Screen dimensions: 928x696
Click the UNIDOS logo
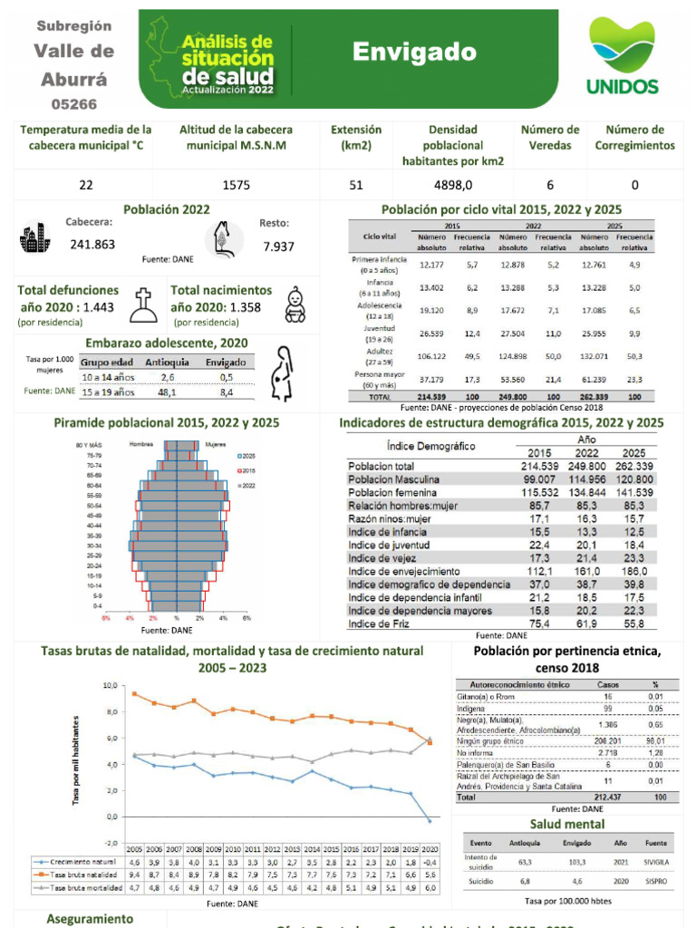coord(622,56)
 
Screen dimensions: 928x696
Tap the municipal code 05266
coord(75,104)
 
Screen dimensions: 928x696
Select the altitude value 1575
coord(236,185)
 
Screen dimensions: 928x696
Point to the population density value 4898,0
coord(452,185)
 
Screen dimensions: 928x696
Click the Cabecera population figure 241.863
coord(92,244)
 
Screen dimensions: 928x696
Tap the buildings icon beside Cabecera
coord(34,239)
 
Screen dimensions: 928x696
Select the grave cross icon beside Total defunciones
coord(143,305)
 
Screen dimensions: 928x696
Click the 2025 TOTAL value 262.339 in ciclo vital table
coord(594,397)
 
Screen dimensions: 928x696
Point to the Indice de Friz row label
coord(378,623)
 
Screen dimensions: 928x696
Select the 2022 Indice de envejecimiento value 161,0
coord(586,572)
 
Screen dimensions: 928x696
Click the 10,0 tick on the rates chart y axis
coord(109,685)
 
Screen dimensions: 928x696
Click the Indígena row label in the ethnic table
coord(474,708)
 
